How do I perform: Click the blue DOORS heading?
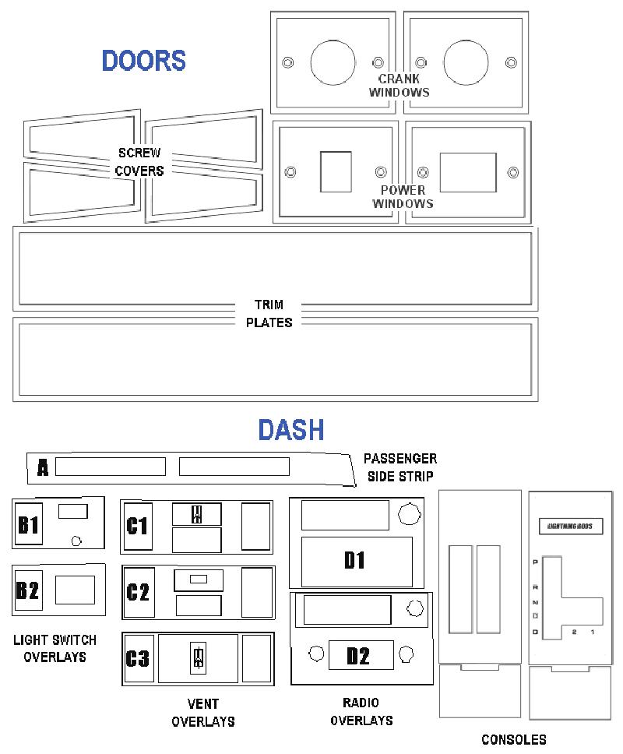[x=144, y=61]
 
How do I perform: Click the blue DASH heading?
[x=291, y=429]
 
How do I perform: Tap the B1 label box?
[x=28, y=523]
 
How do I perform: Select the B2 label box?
[x=28, y=590]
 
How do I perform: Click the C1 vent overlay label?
[x=138, y=526]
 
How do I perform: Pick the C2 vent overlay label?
[x=139, y=592]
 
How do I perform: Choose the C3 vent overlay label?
[x=138, y=658]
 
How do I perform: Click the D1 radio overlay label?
[x=355, y=560]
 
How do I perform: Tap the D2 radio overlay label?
[x=358, y=656]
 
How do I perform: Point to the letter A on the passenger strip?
[x=43, y=467]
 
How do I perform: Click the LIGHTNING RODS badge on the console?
[x=570, y=526]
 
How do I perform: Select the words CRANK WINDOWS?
[x=399, y=86]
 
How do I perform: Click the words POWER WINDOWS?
[x=403, y=197]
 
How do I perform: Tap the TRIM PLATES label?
[x=269, y=314]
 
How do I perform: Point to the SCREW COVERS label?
[x=139, y=162]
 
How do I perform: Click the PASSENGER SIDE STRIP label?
[x=400, y=467]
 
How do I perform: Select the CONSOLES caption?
[x=514, y=739]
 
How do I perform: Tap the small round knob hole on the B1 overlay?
[x=76, y=541]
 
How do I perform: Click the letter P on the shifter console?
[x=536, y=562]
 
